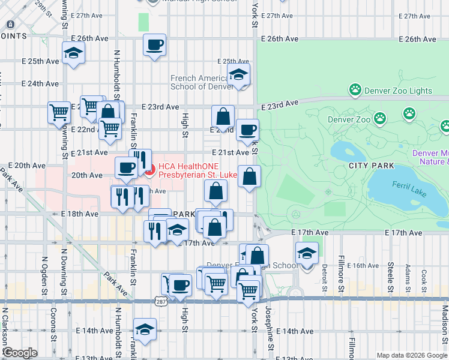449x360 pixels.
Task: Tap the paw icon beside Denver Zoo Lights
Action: pos(355,91)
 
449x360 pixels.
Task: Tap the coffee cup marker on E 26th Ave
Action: pos(155,44)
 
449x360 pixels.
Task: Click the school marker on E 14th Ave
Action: pos(145,329)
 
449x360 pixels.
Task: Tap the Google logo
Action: pos(20,353)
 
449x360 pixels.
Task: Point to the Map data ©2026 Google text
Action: pos(411,355)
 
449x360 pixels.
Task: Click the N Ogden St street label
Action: pos(44,271)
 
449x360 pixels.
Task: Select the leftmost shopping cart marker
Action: pos(59,112)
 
